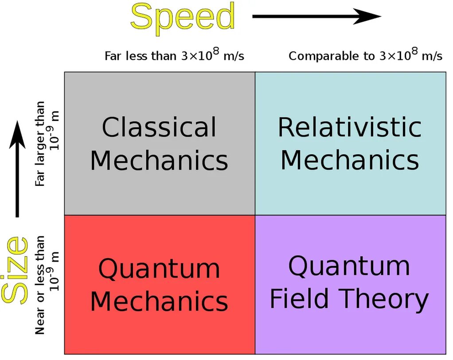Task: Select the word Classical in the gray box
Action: point(159,127)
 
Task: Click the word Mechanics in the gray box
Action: point(159,160)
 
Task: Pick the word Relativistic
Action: point(350,127)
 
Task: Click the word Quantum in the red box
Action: point(159,268)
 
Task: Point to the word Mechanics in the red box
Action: point(159,301)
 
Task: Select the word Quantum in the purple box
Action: point(349,266)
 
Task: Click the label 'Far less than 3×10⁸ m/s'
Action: point(174,56)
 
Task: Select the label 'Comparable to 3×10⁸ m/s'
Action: point(365,56)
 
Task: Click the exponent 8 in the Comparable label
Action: point(414,51)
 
